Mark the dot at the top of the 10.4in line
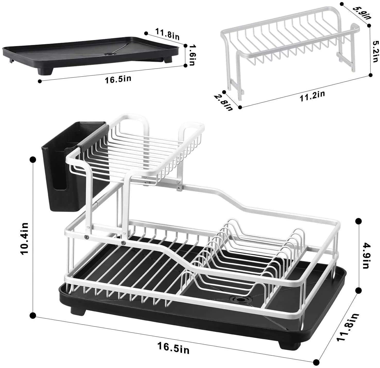pos(33,160)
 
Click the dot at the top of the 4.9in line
pos(358,221)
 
